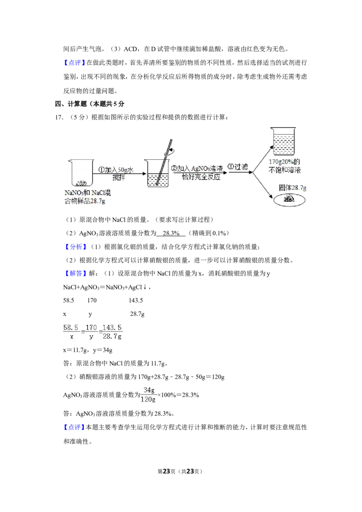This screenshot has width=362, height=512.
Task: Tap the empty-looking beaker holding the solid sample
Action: tap(81, 173)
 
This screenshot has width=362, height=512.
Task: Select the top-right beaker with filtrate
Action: tap(283, 141)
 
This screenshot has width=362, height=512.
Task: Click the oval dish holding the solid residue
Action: tap(290, 200)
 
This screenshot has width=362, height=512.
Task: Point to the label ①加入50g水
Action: tap(116, 170)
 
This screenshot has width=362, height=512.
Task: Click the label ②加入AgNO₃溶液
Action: tap(197, 169)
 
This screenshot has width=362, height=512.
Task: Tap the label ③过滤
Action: tap(238, 167)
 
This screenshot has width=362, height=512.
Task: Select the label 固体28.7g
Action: tap(292, 188)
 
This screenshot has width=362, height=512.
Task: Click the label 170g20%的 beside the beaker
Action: tap(284, 161)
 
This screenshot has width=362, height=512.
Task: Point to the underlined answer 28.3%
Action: tap(171, 233)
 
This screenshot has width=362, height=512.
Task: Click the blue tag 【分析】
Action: tap(76, 247)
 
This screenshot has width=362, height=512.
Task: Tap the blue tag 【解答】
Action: tap(76, 274)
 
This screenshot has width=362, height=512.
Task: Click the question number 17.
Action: tap(59, 118)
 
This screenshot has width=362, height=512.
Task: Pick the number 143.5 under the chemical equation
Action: tap(136, 300)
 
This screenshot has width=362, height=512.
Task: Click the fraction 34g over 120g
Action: tap(148, 395)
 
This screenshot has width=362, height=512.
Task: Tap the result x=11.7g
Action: tap(75, 350)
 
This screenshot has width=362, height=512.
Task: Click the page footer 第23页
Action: tap(167, 471)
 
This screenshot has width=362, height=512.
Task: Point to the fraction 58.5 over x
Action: tap(71, 332)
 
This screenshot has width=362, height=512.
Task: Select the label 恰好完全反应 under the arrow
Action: tap(201, 177)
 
